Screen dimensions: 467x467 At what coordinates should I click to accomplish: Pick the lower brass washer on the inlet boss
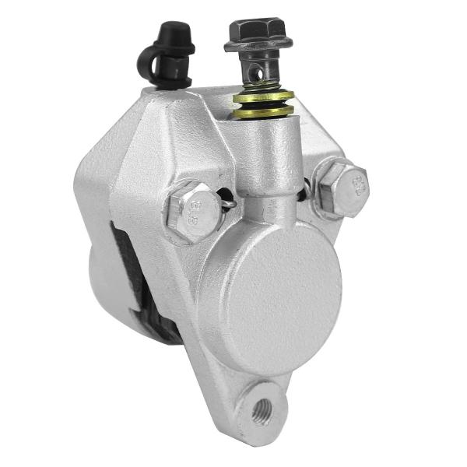[x=263, y=111]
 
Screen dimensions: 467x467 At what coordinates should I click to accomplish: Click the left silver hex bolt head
[x=191, y=210]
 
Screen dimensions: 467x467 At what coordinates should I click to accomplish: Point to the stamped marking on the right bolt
[x=356, y=186]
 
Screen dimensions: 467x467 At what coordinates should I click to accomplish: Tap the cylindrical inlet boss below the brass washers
[x=266, y=156]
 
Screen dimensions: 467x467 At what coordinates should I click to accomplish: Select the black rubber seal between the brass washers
[x=263, y=104]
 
